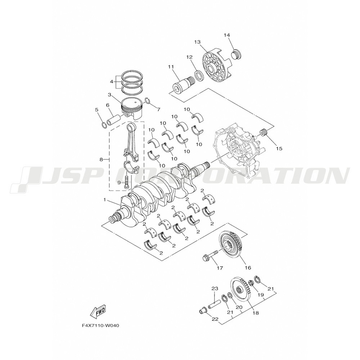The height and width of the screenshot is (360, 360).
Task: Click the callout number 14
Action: tap(226, 35)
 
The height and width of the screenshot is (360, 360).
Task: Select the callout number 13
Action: tap(197, 42)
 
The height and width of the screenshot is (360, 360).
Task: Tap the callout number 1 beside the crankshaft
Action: tap(105, 200)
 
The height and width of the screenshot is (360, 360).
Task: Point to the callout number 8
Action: tap(101, 159)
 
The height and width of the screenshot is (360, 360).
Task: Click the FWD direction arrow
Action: tap(98, 311)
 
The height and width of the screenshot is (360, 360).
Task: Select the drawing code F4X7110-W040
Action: tap(100, 326)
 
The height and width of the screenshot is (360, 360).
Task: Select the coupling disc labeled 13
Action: tap(216, 68)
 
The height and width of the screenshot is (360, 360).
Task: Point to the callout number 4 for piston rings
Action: tap(112, 81)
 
